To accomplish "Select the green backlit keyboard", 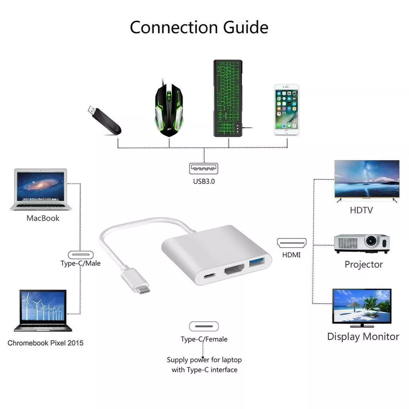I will (228, 98).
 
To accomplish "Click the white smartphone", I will (286, 109).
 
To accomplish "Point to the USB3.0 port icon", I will (204, 169).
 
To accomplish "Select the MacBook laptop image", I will (41, 189).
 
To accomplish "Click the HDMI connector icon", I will (291, 243).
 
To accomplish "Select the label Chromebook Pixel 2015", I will (46, 343).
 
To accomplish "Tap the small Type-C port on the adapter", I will (209, 276).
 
